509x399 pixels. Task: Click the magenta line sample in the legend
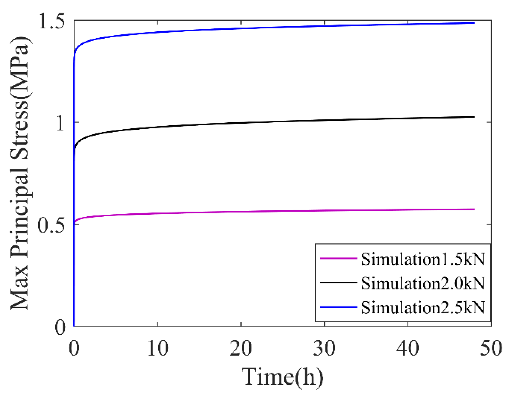point(338,258)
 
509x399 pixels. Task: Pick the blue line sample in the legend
point(338,307)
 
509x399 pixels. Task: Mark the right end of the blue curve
point(474,23)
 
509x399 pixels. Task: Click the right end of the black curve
point(474,117)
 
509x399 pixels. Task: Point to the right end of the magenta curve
point(474,209)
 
